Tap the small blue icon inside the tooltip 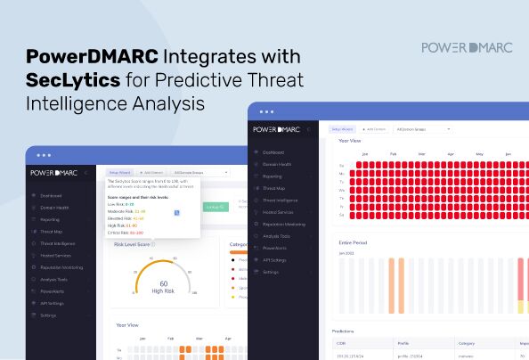(x=177, y=212)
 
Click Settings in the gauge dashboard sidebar (x=48, y=315)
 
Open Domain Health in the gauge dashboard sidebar (x=55, y=207)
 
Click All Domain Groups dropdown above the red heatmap (x=422, y=129)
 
